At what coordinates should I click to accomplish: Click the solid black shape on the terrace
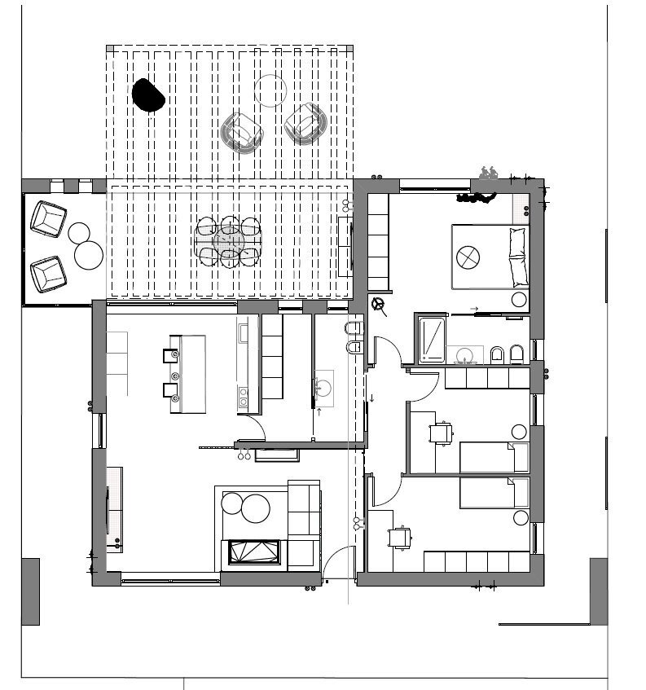click(148, 94)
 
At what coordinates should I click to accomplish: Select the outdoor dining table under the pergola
click(229, 241)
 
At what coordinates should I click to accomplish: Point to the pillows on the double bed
click(518, 257)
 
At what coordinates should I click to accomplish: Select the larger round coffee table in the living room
click(255, 509)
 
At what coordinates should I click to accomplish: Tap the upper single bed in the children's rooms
click(487, 457)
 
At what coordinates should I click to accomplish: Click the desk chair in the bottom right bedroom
click(400, 537)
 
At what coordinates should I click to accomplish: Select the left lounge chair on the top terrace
click(242, 131)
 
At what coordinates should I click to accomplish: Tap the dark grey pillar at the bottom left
click(30, 591)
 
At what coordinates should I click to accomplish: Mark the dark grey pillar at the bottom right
click(599, 591)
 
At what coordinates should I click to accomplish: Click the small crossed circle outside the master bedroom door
click(378, 305)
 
